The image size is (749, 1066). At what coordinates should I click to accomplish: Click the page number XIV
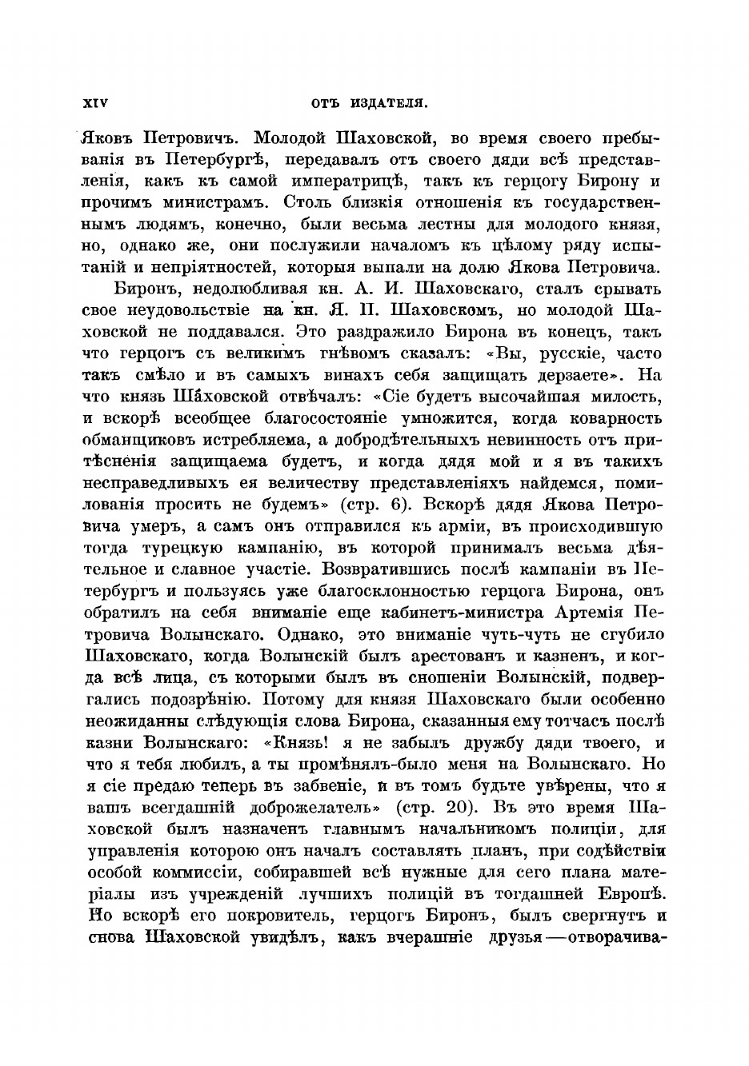click(x=95, y=102)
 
